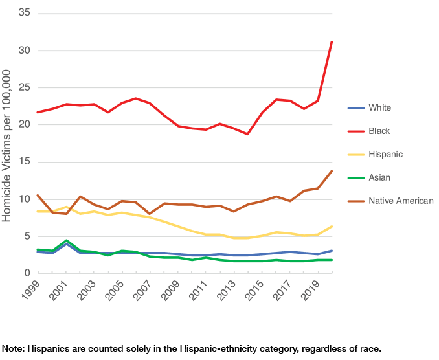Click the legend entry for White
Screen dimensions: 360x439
pyautogui.click(x=379, y=107)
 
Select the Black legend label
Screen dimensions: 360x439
pyautogui.click(x=379, y=131)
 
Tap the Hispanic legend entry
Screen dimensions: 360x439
pyautogui.click(x=385, y=154)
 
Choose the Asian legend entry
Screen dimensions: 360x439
pyautogui.click(x=379, y=177)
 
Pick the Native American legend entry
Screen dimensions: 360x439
pyautogui.click(x=400, y=201)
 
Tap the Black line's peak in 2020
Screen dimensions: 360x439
pyautogui.click(x=332, y=42)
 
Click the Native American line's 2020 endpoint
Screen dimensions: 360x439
pyautogui.click(x=332, y=171)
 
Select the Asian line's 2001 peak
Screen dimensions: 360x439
pyautogui.click(x=66, y=240)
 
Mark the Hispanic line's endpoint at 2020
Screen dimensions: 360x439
pyautogui.click(x=332, y=226)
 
